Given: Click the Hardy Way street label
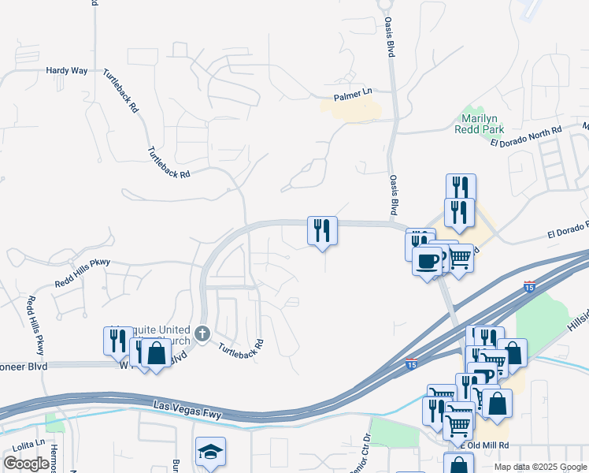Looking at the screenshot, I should pos(66,70).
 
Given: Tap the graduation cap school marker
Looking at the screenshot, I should pos(210,453).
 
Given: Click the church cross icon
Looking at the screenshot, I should pos(202,333).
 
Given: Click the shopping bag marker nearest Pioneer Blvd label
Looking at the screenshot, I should pos(156,354).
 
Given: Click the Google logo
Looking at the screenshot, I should pos(26,464).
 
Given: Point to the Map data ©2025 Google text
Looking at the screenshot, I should pos(541,467).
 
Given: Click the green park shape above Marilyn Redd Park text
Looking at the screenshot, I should pos(473,112).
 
